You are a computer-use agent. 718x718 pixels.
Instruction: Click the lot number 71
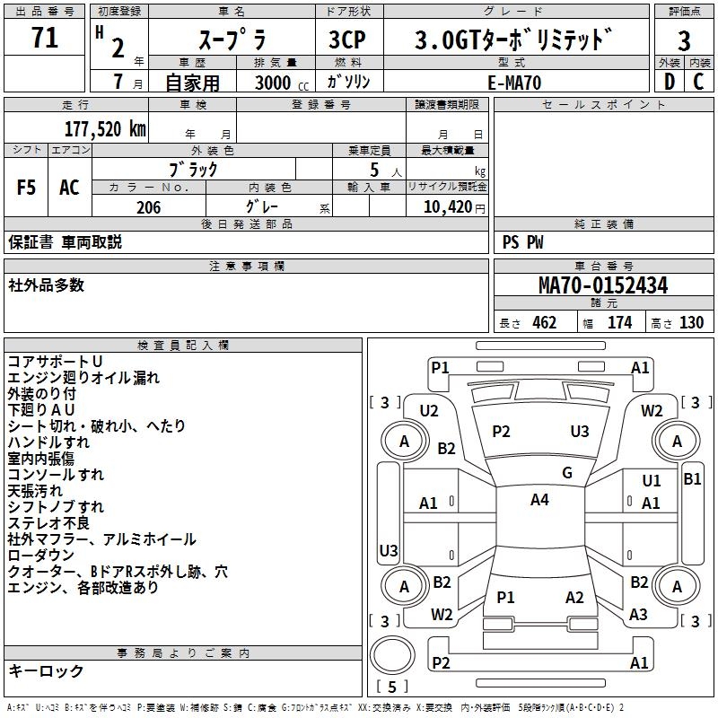44,39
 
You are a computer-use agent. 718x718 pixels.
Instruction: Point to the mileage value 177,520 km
104,128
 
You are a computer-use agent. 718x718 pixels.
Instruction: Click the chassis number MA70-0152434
602,285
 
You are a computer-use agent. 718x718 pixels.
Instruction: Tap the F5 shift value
27,188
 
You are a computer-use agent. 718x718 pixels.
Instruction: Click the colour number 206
148,207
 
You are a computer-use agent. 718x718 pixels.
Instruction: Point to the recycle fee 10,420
446,207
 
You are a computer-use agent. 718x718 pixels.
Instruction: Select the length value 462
544,323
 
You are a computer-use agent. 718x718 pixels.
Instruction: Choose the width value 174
619,323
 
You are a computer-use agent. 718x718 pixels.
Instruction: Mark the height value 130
691,323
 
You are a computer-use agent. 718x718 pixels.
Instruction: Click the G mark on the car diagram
567,473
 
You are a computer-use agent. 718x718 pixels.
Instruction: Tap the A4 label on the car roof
538,500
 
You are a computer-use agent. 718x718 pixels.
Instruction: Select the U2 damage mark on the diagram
429,411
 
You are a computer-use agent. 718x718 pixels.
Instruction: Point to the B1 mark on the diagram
692,479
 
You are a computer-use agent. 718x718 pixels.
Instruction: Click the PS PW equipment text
522,241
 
